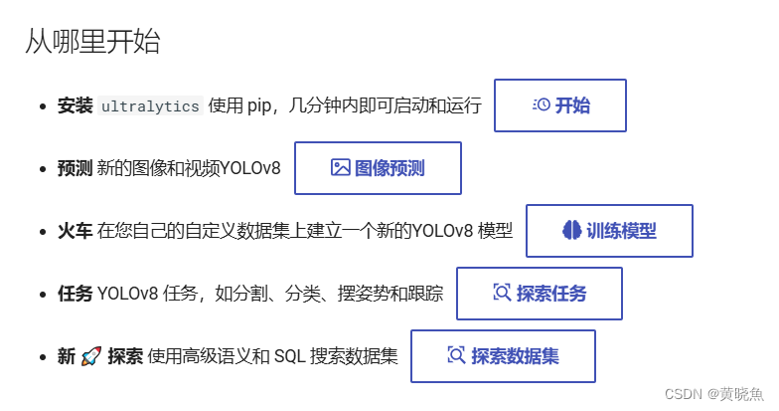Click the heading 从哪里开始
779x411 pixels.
(x=92, y=42)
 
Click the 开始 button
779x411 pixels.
(x=560, y=105)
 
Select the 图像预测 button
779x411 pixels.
(x=378, y=168)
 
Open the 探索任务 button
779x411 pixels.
(x=539, y=294)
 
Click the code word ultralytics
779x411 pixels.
(x=150, y=105)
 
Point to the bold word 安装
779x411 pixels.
(x=75, y=105)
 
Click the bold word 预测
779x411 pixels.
(x=75, y=168)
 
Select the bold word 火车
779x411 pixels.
(x=75, y=231)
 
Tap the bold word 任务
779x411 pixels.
(x=75, y=294)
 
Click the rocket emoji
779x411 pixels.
(x=91, y=355)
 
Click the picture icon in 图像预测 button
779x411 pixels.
(x=341, y=168)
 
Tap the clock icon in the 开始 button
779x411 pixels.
(x=542, y=105)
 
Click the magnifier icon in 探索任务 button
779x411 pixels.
(x=502, y=294)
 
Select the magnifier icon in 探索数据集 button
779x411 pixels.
(x=456, y=355)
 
